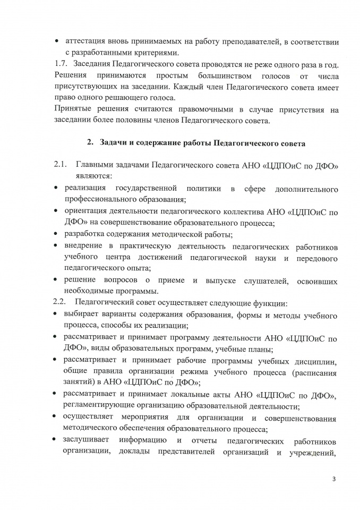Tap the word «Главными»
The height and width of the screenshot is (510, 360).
97,166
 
